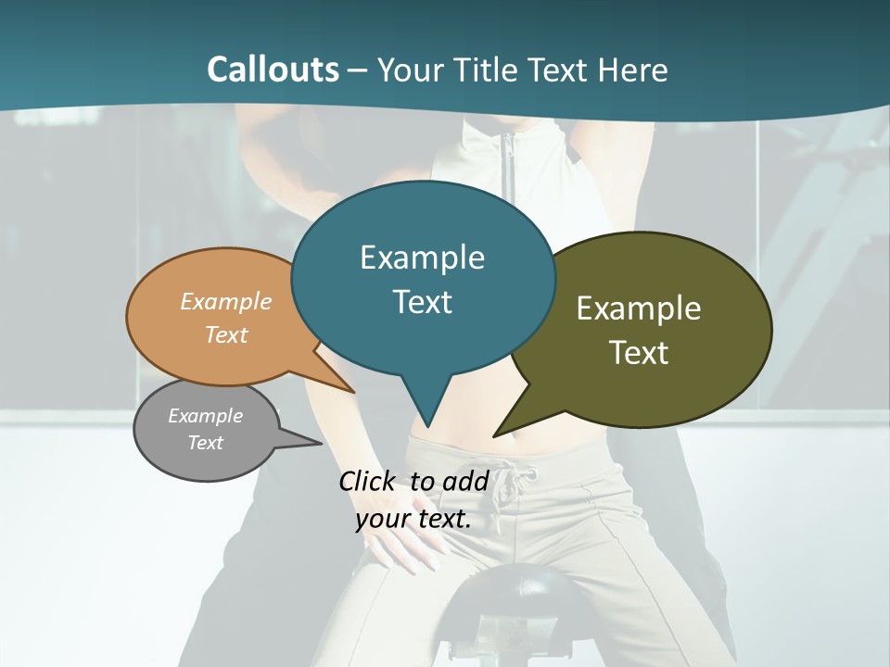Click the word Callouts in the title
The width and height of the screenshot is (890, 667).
click(273, 69)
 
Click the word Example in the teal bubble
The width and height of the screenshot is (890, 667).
click(423, 258)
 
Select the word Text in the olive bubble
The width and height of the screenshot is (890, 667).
click(639, 353)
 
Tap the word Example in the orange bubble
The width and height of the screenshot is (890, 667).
click(226, 301)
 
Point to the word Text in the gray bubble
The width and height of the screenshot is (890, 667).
click(206, 443)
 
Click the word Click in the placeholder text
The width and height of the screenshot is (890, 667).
click(369, 481)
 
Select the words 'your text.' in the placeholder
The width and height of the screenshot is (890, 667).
click(413, 519)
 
